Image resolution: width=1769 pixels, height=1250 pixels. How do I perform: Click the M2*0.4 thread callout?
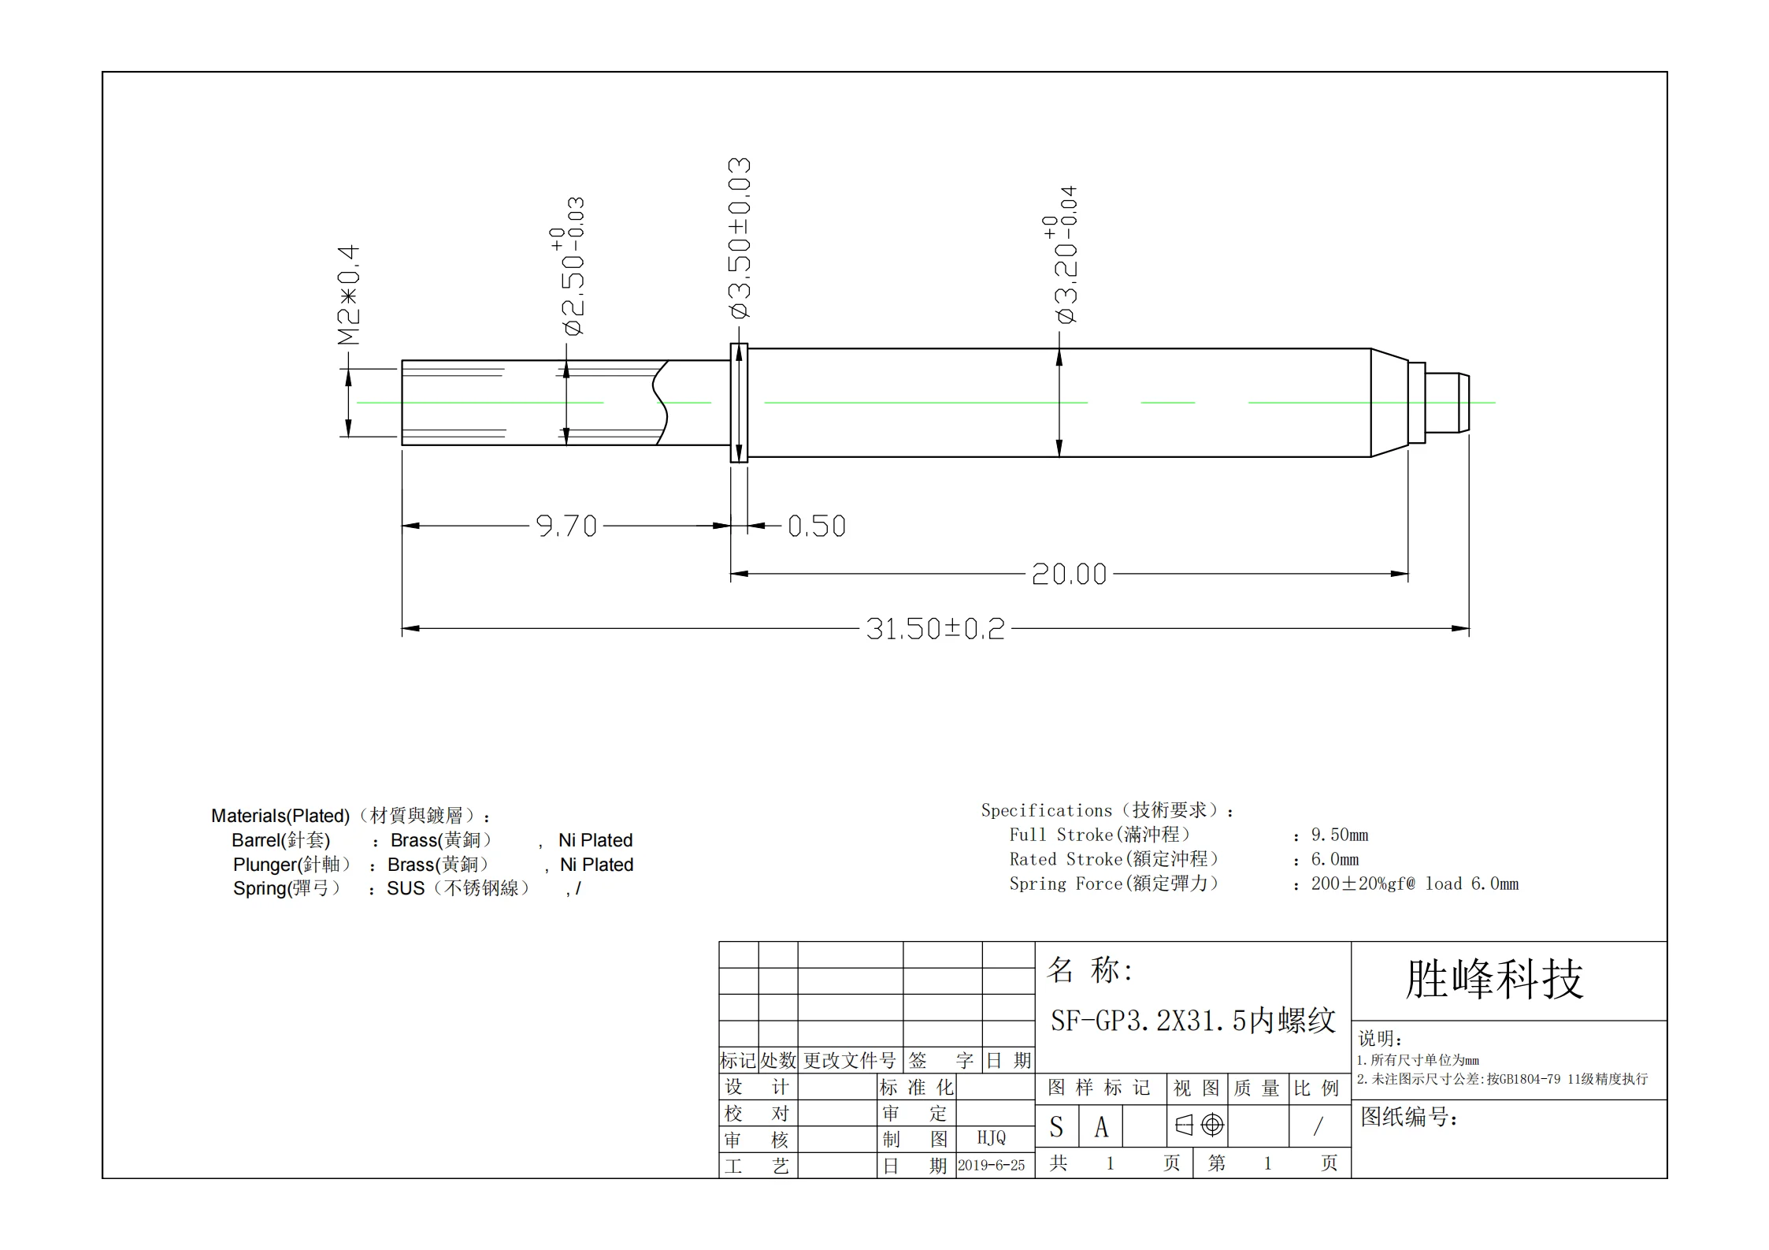(x=348, y=295)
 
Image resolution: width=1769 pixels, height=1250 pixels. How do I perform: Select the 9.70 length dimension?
(x=566, y=526)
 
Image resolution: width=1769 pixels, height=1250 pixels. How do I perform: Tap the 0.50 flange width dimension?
(x=817, y=526)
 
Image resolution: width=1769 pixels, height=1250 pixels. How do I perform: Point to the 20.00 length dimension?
(x=1069, y=574)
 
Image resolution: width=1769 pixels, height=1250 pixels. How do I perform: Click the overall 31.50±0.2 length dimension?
(x=935, y=629)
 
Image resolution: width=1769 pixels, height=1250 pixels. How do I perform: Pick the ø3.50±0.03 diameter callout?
(x=740, y=238)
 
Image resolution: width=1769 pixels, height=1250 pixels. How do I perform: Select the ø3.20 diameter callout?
(x=1060, y=255)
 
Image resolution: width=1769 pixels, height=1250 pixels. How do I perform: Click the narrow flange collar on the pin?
(x=739, y=403)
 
